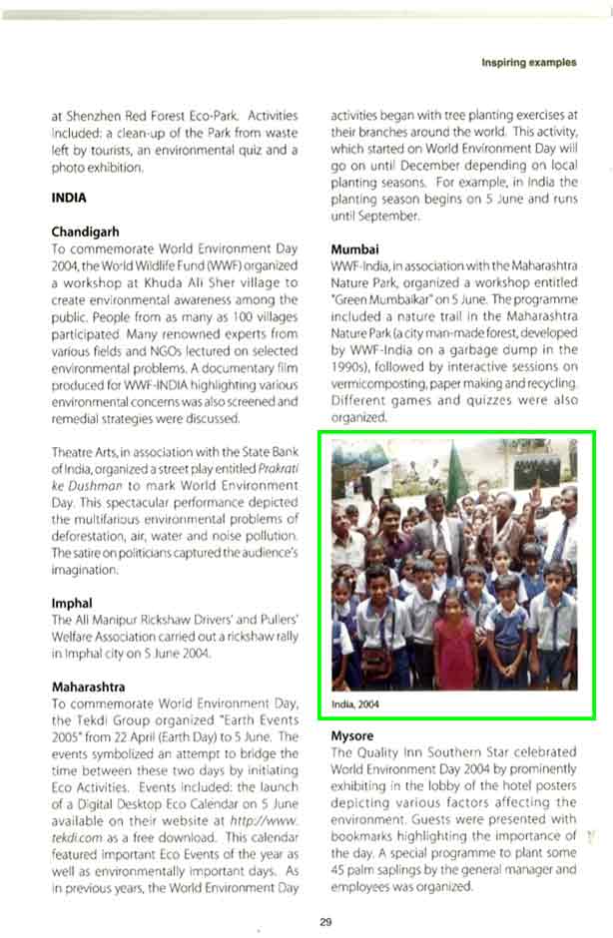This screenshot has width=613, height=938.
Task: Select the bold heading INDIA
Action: [68, 198]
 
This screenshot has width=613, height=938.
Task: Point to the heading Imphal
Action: [72, 603]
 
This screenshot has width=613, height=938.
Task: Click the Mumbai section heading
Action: [355, 248]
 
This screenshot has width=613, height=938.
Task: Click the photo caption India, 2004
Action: [356, 703]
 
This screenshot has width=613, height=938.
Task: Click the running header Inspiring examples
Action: [528, 62]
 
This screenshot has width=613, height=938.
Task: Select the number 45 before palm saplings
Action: [338, 868]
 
